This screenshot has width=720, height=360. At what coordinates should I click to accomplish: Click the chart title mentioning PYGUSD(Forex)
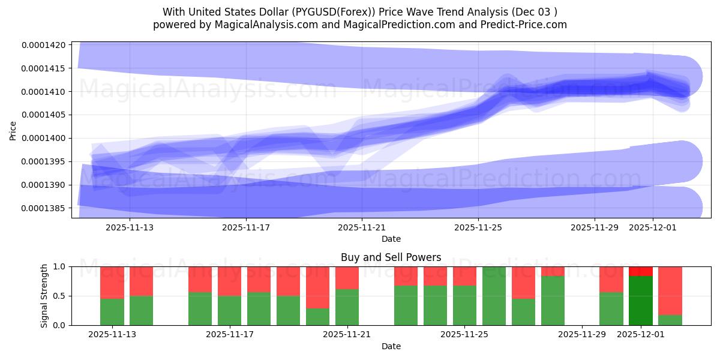click(359, 12)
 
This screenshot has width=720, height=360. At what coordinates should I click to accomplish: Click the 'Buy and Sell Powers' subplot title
click(391, 257)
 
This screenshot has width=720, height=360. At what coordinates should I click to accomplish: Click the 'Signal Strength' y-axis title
click(44, 296)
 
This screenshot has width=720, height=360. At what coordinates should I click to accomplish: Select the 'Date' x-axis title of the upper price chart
click(391, 239)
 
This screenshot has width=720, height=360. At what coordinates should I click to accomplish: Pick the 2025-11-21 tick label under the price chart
click(362, 227)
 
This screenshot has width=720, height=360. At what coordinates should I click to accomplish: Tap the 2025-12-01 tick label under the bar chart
click(641, 335)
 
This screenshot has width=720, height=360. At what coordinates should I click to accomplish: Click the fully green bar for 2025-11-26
click(494, 296)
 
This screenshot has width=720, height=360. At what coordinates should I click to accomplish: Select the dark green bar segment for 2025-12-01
click(641, 301)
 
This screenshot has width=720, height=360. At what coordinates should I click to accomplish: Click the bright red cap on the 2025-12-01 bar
click(641, 271)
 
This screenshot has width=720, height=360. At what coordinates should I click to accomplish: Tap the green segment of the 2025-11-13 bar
click(112, 312)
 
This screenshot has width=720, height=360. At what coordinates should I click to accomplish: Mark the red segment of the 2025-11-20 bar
click(318, 287)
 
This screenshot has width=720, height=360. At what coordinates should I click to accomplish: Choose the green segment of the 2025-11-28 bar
click(553, 301)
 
